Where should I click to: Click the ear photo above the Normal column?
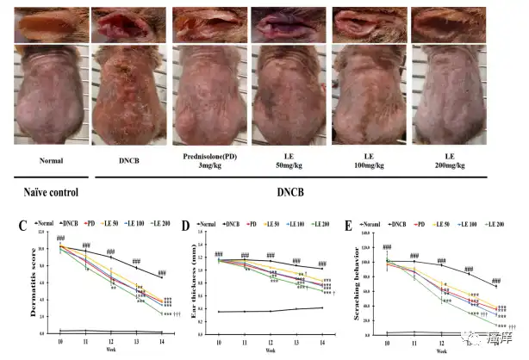[51, 22]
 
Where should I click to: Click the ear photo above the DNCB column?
[130, 22]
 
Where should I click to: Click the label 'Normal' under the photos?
[51, 159]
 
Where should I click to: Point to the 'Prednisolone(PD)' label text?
[210, 155]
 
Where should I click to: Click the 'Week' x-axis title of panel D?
[270, 352]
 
